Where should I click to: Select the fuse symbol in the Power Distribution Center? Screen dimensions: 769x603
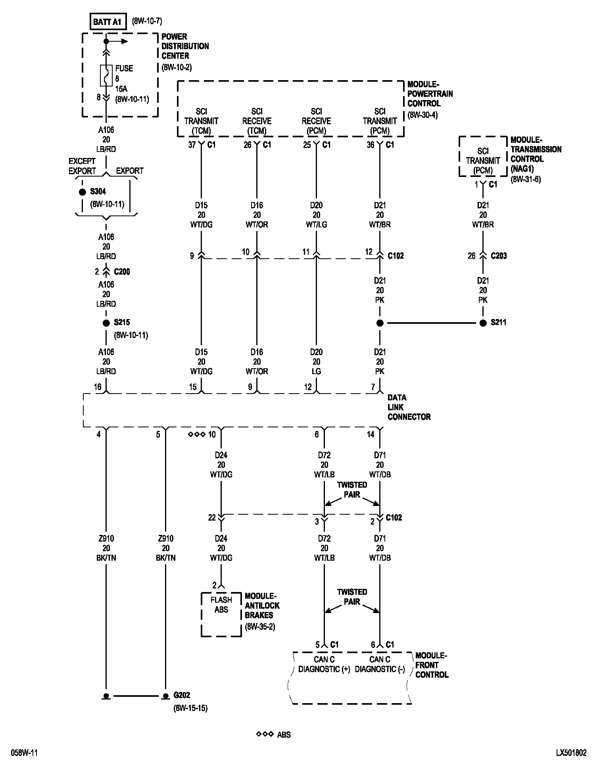click(106, 75)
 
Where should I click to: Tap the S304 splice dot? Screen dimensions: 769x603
click(83, 192)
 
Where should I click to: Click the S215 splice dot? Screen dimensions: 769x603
click(106, 323)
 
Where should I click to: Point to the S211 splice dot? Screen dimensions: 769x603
click(483, 323)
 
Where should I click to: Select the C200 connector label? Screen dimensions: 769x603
click(122, 272)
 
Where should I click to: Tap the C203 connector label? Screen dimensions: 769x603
click(499, 256)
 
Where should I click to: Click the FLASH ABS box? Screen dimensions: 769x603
click(221, 605)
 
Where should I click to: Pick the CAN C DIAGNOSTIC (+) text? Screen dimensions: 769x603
click(324, 664)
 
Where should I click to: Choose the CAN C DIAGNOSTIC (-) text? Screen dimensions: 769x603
click(380, 664)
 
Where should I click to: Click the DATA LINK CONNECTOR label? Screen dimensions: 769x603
click(409, 407)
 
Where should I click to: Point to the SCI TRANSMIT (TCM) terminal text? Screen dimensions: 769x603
click(201, 121)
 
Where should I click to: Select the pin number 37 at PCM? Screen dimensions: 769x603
click(192, 145)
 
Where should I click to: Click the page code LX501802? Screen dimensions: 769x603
click(571, 753)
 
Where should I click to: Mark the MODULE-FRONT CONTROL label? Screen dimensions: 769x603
click(432, 665)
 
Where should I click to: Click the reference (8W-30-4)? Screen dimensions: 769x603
click(422, 115)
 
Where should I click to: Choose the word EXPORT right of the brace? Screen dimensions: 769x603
click(130, 171)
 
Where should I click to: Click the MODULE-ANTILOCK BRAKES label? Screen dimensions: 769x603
click(262, 606)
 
